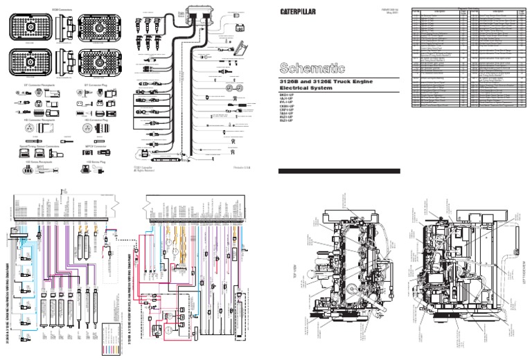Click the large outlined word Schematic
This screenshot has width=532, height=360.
click(x=310, y=68)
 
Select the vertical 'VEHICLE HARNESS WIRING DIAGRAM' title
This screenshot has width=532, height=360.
click(x=130, y=298)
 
